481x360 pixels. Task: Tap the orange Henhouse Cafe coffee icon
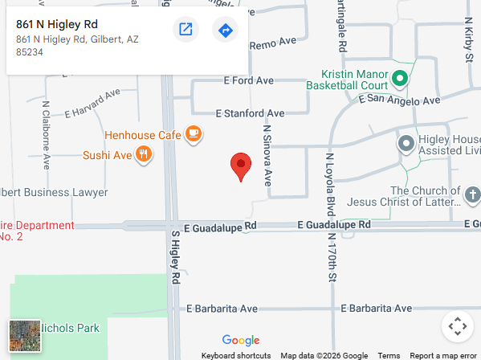[193, 134]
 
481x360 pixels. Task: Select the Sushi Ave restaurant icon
[143, 154]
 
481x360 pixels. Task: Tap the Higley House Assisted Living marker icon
[406, 145]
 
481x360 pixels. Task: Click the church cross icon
[473, 194]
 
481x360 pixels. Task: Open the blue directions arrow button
[225, 31]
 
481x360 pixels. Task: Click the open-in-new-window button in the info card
[185, 31]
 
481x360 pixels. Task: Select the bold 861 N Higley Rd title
[56, 24]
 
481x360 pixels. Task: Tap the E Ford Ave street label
[250, 80]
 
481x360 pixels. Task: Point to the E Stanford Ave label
[250, 113]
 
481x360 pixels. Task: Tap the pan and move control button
[457, 326]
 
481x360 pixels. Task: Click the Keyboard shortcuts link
[235, 355]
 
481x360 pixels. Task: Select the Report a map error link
[442, 355]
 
